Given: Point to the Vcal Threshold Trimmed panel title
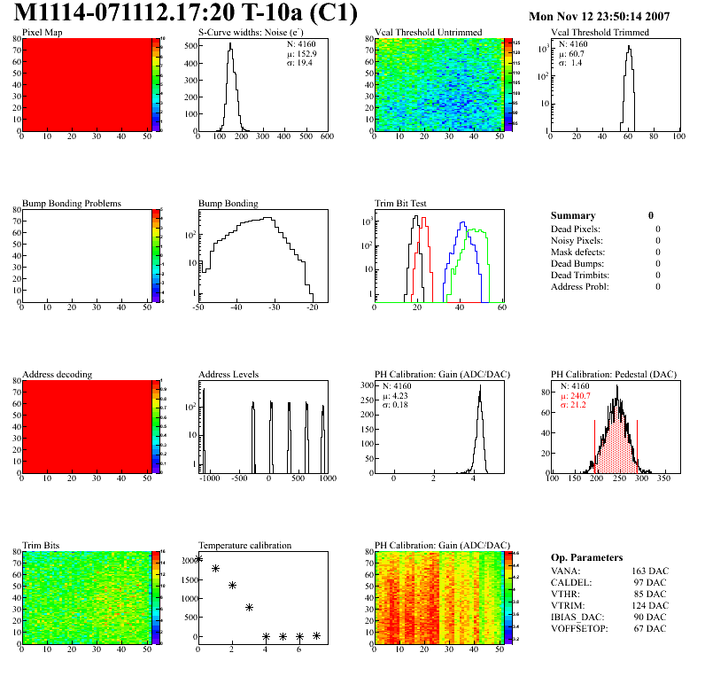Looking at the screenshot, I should (x=599, y=33).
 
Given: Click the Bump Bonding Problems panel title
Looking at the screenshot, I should (x=72, y=204).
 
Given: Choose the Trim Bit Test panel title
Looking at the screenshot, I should (x=404, y=204).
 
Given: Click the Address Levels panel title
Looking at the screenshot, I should (x=229, y=375).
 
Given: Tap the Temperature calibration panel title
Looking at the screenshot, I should (x=244, y=546).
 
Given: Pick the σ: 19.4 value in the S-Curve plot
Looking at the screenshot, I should (x=299, y=63).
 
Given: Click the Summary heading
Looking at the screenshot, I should (x=573, y=215).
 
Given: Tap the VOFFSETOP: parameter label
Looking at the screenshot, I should (x=581, y=628).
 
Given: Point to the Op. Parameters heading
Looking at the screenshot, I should (x=586, y=557).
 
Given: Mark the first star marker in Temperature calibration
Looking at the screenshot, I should (x=199, y=558).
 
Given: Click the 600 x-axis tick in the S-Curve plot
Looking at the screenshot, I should (x=326, y=137).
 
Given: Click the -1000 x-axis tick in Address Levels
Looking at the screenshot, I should (x=209, y=479).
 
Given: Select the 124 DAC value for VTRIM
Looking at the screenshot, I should (x=648, y=605).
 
